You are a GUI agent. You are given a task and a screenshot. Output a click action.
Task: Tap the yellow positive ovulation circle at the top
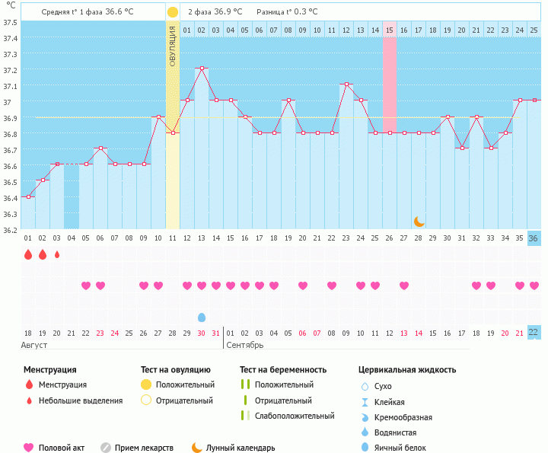[x=173, y=12]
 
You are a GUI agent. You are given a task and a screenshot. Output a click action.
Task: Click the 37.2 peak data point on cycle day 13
[x=202, y=69]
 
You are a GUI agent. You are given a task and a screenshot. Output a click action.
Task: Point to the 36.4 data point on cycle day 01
[x=28, y=196]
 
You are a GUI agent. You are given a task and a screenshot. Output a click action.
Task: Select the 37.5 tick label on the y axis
[x=9, y=21]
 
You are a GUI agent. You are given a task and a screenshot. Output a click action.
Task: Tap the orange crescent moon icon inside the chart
[x=419, y=221]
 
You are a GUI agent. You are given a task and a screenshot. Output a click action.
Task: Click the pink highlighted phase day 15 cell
[x=390, y=30]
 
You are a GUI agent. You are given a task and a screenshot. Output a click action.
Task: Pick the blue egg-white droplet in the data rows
[x=202, y=317]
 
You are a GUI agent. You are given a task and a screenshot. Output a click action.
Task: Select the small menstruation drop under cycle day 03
[x=57, y=254]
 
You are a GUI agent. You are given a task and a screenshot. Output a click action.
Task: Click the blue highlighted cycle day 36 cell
[x=534, y=238]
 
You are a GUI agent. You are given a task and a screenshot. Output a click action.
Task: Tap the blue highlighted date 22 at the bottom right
[x=534, y=333]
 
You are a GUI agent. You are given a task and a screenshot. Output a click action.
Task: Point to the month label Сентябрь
[x=245, y=346]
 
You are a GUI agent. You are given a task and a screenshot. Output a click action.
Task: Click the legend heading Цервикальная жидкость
[x=407, y=370]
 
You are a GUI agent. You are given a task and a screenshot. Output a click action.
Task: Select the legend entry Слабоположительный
[x=295, y=416]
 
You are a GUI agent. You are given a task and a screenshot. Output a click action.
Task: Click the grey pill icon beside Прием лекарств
[x=106, y=448]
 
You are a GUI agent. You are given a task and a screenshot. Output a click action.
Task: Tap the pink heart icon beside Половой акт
[x=30, y=448]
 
